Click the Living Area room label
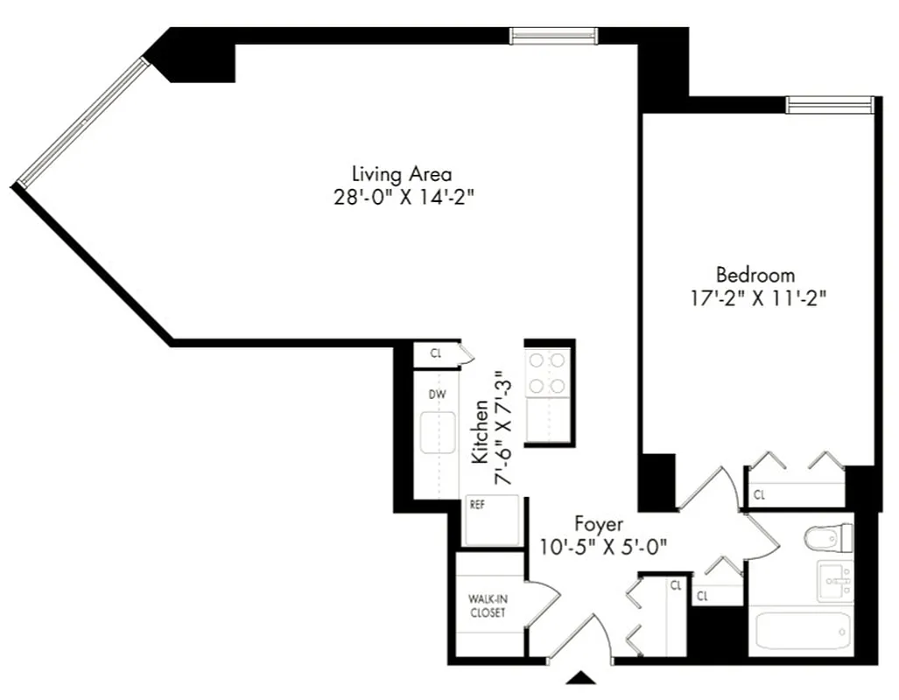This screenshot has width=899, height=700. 402,173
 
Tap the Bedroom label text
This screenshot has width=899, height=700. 755,274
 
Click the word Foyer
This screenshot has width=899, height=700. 599,524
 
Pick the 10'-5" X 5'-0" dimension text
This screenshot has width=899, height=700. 604,547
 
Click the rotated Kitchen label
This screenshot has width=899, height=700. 480,432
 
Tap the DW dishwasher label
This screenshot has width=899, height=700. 437,394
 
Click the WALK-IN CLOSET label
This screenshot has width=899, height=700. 487,605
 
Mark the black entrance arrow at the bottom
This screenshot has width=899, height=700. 582,676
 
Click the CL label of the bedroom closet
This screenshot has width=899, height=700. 759,495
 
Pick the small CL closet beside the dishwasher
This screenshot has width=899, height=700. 436,353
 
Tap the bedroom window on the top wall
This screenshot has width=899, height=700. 829,105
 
